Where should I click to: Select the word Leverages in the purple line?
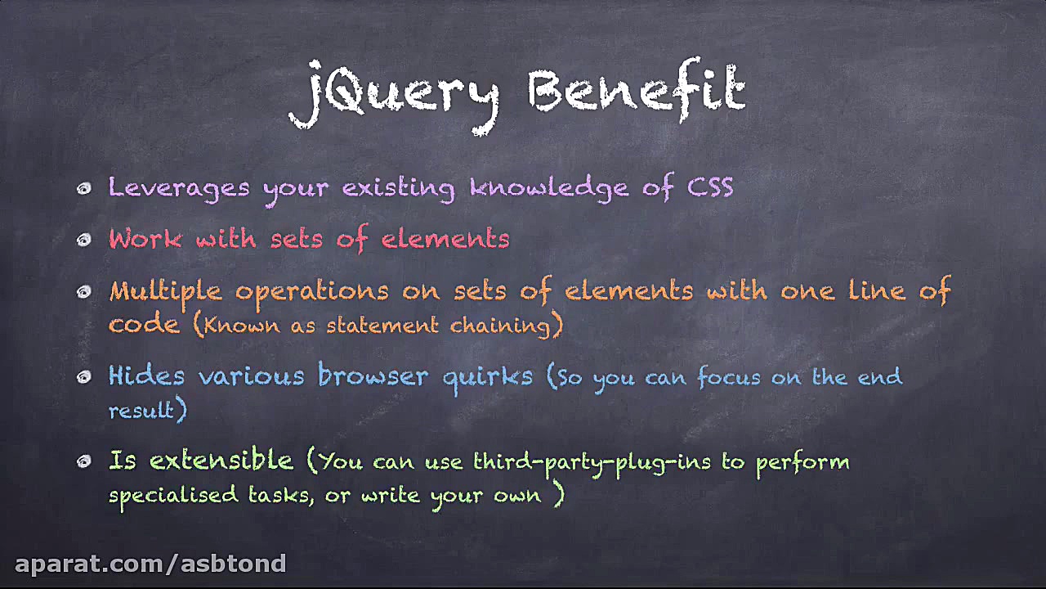(178, 188)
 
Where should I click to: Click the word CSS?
(710, 187)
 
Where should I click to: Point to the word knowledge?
(549, 188)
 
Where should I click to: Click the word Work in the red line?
(145, 239)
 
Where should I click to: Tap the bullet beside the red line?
(83, 240)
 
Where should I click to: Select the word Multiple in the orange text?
(165, 291)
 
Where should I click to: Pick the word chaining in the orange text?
(500, 326)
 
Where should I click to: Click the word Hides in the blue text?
(146, 376)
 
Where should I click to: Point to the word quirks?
(487, 377)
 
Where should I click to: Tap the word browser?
(373, 376)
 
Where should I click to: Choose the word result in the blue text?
(142, 410)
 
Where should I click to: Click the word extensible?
(221, 461)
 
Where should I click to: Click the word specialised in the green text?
(173, 496)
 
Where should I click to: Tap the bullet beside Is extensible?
(83, 462)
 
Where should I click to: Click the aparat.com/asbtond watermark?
(150, 564)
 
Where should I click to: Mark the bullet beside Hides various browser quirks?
(83, 377)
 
